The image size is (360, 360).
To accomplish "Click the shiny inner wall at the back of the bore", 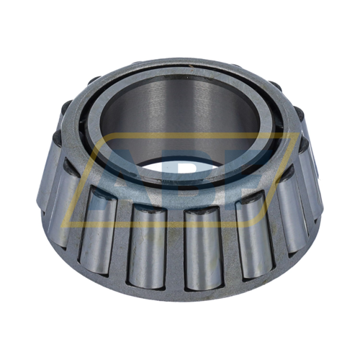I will tap(180, 108).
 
